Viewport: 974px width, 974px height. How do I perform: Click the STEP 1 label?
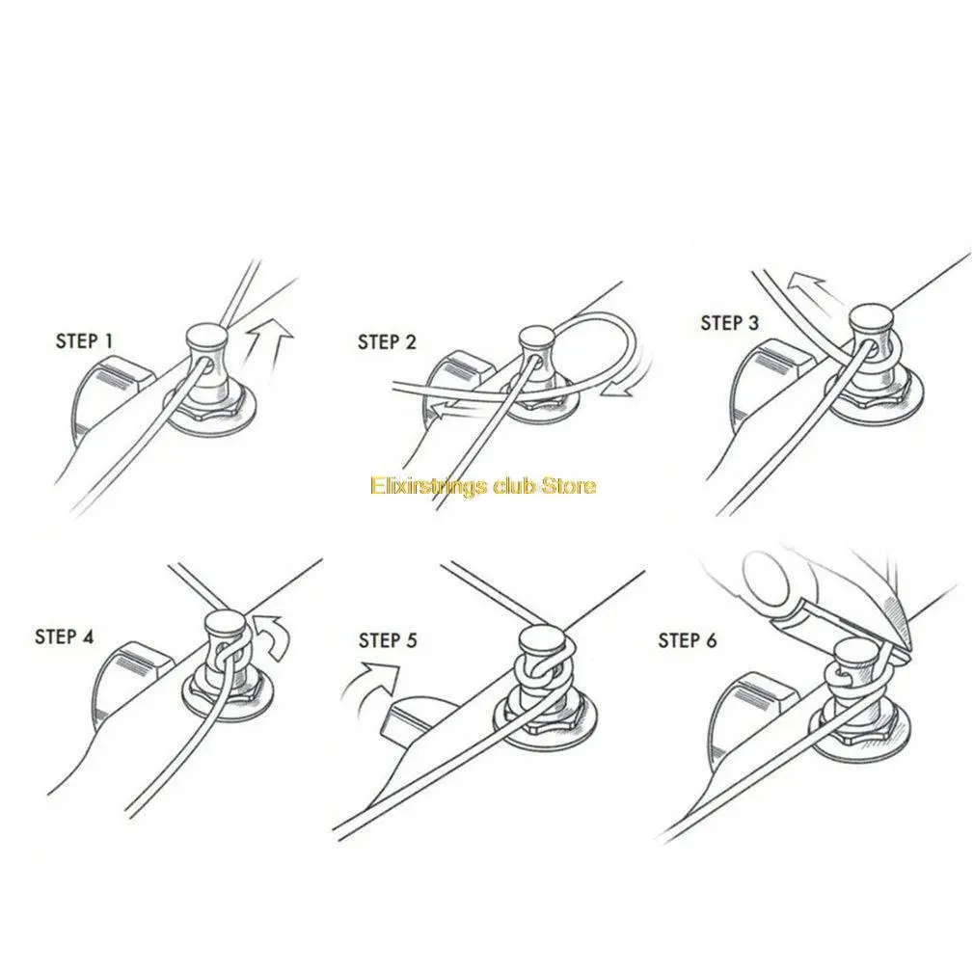85,340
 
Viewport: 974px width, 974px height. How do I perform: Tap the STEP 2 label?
387,341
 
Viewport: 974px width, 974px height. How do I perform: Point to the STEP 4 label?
65,636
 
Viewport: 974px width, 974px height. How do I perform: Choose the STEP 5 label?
388,640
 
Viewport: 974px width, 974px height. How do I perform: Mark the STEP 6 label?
688,640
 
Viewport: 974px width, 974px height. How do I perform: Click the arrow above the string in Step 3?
805,283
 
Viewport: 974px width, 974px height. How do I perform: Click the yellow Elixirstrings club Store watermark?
483,485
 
